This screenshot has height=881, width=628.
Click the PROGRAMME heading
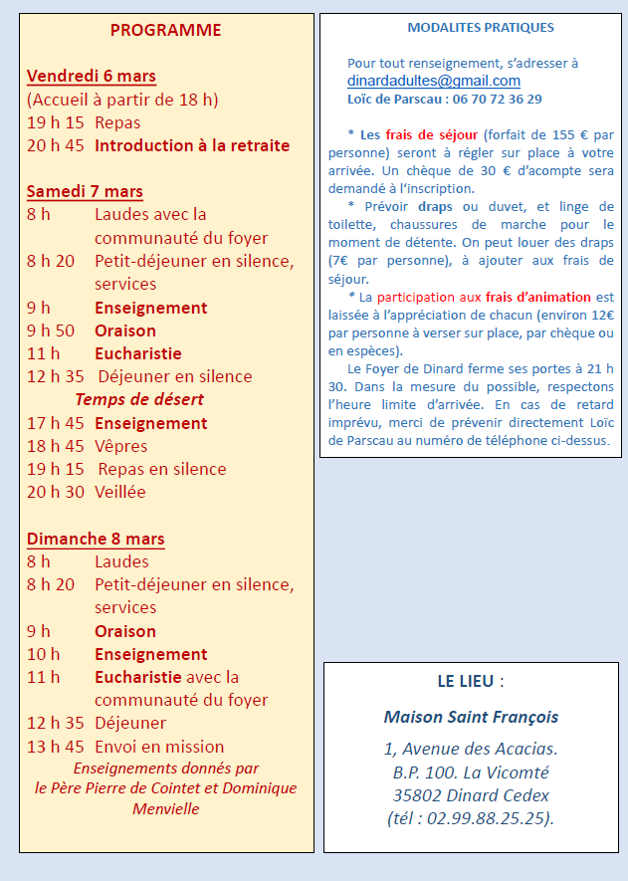point(165,30)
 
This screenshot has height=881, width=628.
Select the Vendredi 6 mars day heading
point(91,76)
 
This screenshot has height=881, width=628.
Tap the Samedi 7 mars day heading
point(85,191)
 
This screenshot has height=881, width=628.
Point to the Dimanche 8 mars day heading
point(96,539)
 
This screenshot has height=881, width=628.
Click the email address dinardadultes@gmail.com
point(434,81)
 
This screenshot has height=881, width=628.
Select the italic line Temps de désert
point(139,399)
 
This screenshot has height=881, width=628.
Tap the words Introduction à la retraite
point(192,145)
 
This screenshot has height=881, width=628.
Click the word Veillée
point(120,492)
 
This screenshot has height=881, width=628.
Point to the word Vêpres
point(120,446)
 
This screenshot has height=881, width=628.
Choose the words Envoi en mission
point(159,747)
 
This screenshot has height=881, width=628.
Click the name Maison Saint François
point(471,717)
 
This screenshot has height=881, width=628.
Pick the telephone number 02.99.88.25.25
point(489,818)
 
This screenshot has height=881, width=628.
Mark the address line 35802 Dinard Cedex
point(471,795)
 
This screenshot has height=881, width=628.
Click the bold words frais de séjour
point(432,134)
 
